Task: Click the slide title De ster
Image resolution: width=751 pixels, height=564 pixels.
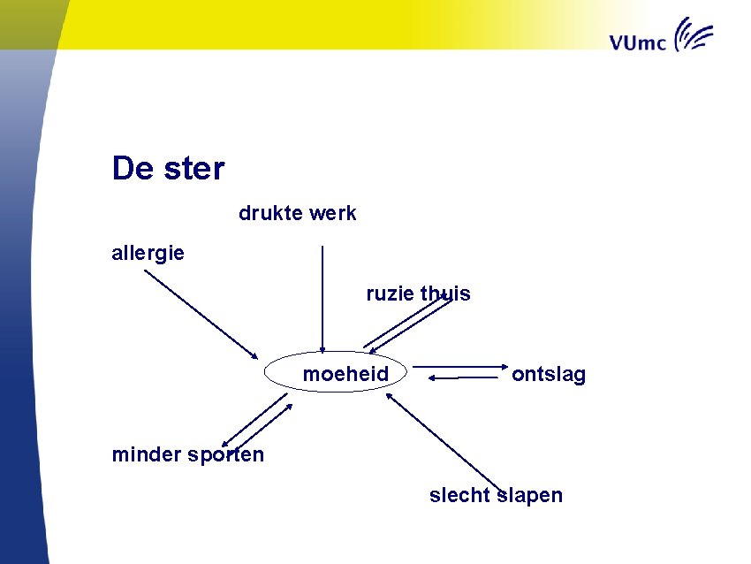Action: (x=168, y=168)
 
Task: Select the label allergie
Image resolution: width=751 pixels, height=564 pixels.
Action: (x=148, y=253)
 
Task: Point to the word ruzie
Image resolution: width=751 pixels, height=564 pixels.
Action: (x=390, y=293)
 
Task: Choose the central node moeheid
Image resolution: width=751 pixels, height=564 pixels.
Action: (x=345, y=374)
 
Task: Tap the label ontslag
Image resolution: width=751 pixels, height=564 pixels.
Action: (x=549, y=375)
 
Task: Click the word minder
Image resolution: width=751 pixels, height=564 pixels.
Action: (x=147, y=455)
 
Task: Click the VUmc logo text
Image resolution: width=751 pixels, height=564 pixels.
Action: (x=637, y=42)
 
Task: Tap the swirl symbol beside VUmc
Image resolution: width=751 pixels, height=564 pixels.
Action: (x=694, y=36)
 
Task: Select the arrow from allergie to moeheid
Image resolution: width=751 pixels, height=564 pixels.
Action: (x=201, y=314)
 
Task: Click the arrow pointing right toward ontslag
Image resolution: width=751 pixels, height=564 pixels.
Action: (x=459, y=365)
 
